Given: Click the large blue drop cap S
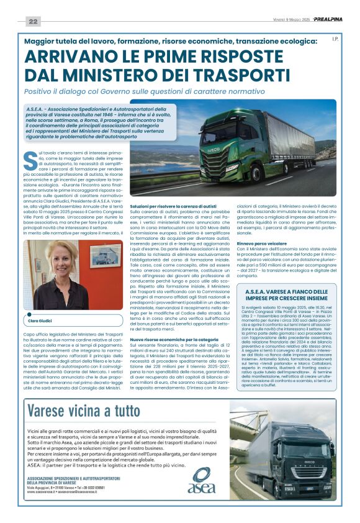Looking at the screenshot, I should pyautogui.click(x=30, y=160).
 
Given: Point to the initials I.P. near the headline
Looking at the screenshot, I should pyautogui.click(x=335, y=39).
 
